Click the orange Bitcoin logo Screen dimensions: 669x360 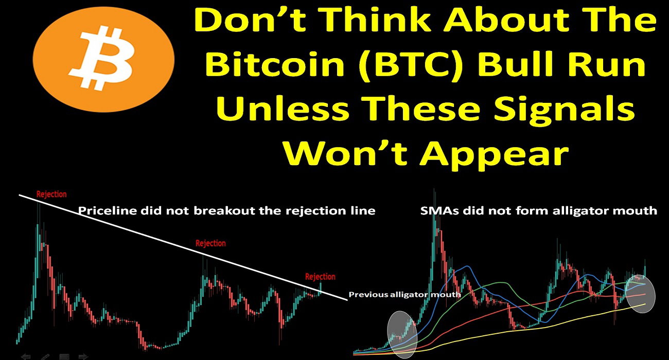[103, 60]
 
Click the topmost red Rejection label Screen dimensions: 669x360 [51, 194]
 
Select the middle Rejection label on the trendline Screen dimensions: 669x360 [210, 243]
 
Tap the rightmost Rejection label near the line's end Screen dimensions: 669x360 [320, 277]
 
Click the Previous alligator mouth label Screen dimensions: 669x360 [404, 295]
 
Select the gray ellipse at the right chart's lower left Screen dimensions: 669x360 [402, 334]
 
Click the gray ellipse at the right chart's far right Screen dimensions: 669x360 [640, 294]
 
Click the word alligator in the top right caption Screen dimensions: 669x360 [578, 211]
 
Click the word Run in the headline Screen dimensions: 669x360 [608, 64]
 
